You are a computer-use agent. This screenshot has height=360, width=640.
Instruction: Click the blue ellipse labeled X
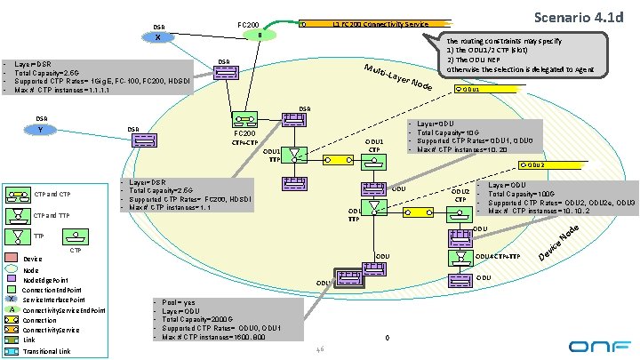click(x=157, y=38)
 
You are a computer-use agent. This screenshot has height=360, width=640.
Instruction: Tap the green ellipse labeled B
click(x=259, y=36)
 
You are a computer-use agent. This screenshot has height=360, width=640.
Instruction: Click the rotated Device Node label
click(x=562, y=244)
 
